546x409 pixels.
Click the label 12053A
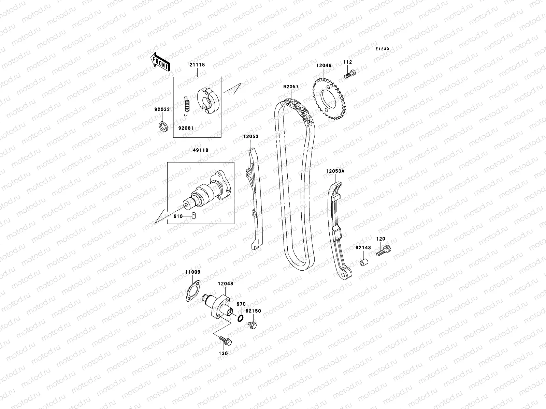[335, 171]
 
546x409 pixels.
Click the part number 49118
[200, 150]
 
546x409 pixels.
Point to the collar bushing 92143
[363, 263]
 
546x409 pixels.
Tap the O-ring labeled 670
[240, 318]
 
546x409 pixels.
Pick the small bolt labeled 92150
[252, 325]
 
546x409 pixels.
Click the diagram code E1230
[382, 49]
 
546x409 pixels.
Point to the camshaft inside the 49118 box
[205, 194]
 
